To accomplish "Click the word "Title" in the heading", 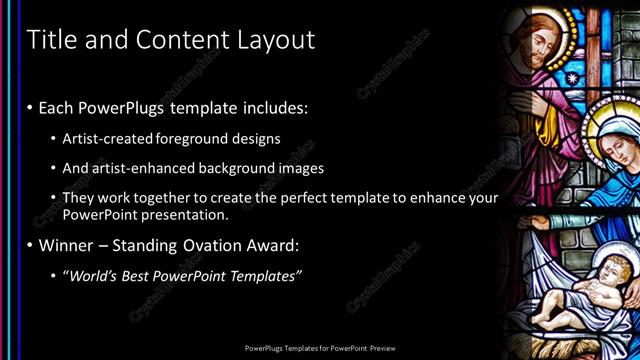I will [48, 40].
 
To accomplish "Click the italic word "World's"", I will [92, 275].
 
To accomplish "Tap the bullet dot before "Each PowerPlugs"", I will [31, 106].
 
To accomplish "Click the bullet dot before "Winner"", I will [31, 245].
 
